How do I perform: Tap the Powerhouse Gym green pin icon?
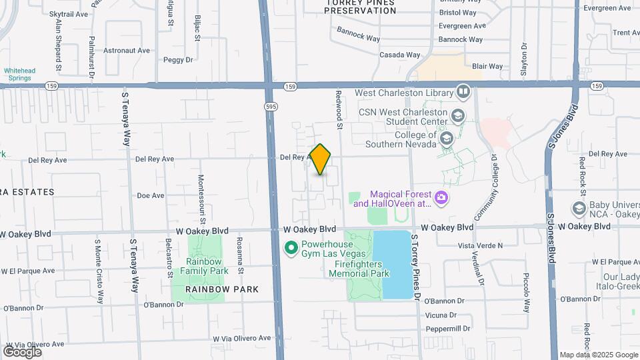click(x=291, y=249)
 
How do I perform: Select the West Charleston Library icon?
click(x=463, y=92)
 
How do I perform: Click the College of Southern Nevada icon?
click(x=446, y=139)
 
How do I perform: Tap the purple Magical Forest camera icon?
click(x=440, y=198)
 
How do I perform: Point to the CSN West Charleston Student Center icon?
click(x=457, y=116)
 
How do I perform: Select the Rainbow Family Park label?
click(x=207, y=266)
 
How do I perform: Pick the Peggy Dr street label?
click(x=177, y=59)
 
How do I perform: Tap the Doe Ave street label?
click(x=150, y=195)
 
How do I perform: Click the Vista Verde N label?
click(x=480, y=245)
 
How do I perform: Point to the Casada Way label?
click(x=399, y=55)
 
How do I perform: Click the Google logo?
click(x=22, y=352)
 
